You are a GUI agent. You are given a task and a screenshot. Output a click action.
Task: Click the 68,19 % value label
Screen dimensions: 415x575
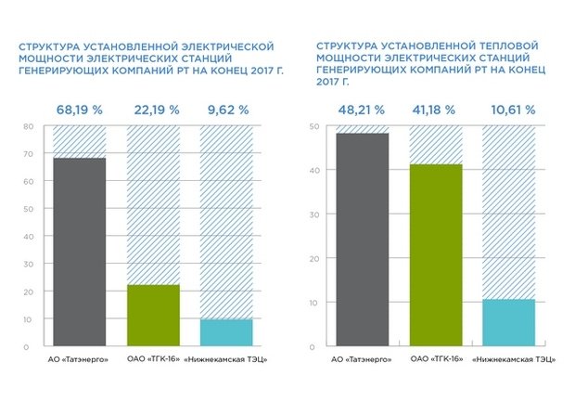coord(79,110)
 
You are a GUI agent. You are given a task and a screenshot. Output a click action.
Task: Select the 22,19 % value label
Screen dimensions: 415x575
coord(153,110)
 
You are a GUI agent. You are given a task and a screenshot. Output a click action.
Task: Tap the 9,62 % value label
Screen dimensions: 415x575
coord(226,110)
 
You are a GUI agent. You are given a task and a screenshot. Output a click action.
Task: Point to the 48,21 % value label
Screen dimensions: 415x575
coord(362,110)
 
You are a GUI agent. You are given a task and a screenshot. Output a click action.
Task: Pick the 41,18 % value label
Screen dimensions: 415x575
coord(436,110)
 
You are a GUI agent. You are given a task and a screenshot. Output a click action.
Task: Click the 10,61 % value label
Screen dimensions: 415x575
coord(509,110)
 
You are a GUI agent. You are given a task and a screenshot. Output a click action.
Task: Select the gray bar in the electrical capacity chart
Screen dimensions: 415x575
coord(79,252)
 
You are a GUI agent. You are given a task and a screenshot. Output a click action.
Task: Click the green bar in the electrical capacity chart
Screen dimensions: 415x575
coord(153,316)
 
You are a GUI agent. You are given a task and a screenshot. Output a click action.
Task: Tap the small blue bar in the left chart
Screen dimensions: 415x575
coord(226,332)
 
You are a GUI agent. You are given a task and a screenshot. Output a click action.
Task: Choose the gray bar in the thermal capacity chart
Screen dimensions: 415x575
coord(362,240)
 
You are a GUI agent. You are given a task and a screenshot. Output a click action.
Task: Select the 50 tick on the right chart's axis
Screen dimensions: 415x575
coord(314,126)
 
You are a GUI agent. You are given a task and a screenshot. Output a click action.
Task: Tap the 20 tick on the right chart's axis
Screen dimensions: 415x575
coord(314,258)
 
